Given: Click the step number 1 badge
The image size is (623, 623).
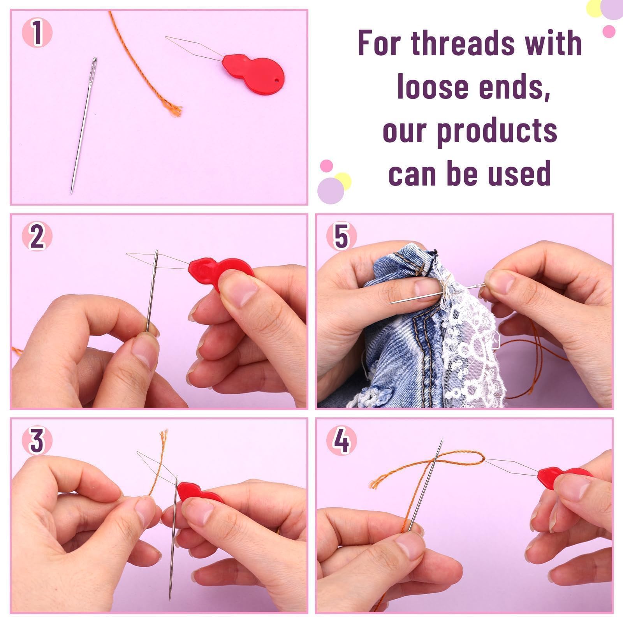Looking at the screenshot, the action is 37,33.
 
